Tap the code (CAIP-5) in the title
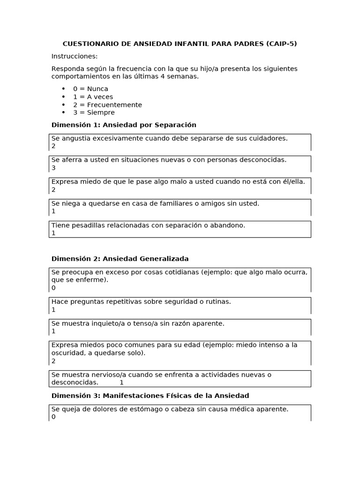tap(281, 44)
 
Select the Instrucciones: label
tap(75, 56)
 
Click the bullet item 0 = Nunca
tap(90, 89)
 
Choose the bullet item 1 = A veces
tap(93, 97)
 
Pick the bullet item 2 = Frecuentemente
tap(107, 105)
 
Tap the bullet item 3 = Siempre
tap(94, 112)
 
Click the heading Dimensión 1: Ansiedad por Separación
tap(124, 125)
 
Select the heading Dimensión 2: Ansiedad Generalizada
tap(120, 259)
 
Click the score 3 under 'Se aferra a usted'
tap(53, 168)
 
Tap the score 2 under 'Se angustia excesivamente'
tap(53, 146)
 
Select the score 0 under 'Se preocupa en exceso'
tap(53, 288)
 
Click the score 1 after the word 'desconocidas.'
tap(121, 382)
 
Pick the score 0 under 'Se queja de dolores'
tap(53, 417)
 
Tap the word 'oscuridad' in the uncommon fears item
tap(67, 353)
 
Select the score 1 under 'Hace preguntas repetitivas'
tap(53, 310)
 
